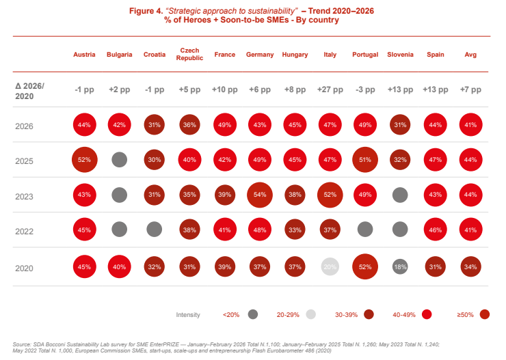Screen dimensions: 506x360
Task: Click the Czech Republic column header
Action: pos(189,54)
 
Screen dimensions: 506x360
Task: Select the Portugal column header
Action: pos(365,55)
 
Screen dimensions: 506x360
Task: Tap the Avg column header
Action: pos(470,55)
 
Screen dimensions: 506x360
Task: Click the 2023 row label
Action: pos(24,197)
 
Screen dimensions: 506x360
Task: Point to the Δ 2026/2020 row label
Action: pos(29,92)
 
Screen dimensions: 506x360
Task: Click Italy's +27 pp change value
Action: pos(330,89)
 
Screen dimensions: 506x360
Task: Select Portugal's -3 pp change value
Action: pos(365,89)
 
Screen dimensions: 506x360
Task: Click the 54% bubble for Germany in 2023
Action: pos(260,195)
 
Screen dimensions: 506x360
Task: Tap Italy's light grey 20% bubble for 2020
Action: pos(330,267)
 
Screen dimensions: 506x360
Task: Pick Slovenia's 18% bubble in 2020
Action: pos(400,267)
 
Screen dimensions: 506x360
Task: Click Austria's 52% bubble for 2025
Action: pos(85,160)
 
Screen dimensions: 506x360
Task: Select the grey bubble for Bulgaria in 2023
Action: pos(120,195)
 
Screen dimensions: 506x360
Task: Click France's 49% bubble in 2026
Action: pos(225,125)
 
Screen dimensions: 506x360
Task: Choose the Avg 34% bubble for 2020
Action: pos(471,267)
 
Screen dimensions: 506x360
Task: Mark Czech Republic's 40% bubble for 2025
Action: pos(190,160)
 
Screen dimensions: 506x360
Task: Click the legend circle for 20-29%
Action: pos(310,314)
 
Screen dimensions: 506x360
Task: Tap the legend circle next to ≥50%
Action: pos(485,314)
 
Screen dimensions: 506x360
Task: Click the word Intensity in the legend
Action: pos(188,315)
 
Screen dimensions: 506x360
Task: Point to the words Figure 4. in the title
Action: pos(146,11)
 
